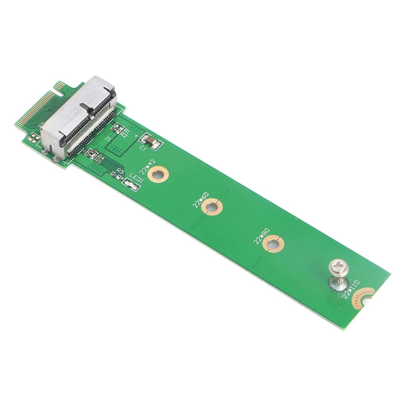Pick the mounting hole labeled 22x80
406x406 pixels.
tap(273, 243)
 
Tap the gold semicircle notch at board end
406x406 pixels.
tap(364, 296)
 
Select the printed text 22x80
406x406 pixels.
tap(260, 234)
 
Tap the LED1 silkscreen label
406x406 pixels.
tap(137, 179)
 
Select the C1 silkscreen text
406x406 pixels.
tap(143, 149)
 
